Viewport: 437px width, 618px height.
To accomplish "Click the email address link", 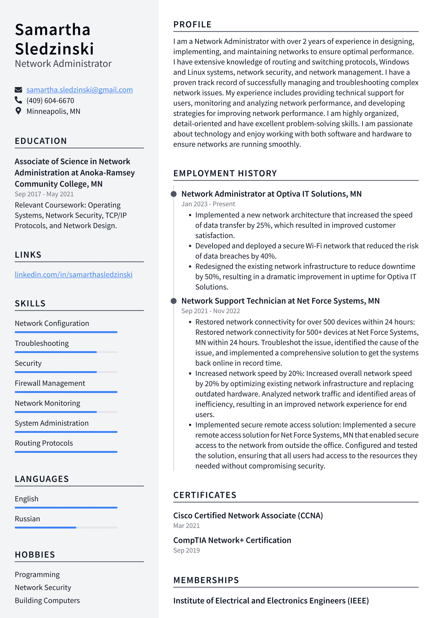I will (x=79, y=90).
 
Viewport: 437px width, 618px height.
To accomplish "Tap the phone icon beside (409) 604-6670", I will (x=18, y=100).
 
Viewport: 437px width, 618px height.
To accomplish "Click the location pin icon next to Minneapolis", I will (x=18, y=111).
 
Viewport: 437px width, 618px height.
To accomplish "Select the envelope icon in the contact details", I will (x=18, y=90).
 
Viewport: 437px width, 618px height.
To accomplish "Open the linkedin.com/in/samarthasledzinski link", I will (x=73, y=274).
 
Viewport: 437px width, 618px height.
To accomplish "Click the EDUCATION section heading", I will (x=41, y=141).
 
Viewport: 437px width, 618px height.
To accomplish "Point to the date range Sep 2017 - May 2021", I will (x=44, y=194).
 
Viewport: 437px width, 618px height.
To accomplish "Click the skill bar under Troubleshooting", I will (x=66, y=352).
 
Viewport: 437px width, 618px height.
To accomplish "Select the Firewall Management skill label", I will (x=50, y=383).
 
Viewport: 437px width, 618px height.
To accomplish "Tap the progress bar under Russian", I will (x=66, y=528).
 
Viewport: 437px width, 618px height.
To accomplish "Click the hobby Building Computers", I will (x=47, y=601).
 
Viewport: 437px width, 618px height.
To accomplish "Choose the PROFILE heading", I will (x=192, y=25).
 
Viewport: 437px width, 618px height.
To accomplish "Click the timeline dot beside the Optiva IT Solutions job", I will (x=173, y=194).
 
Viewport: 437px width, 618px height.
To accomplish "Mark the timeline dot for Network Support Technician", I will (x=173, y=301).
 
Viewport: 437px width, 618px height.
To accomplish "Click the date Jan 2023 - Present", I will (x=208, y=204).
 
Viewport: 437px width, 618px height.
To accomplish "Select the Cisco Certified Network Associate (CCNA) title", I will (x=248, y=516).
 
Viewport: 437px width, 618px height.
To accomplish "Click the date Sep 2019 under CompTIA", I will (x=187, y=550).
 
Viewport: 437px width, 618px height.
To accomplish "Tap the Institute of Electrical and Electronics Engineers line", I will (x=271, y=601).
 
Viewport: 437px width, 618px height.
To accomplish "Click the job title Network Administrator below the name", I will (x=63, y=64).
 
